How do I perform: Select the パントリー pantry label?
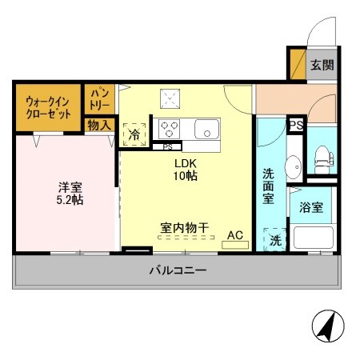coord(98,99)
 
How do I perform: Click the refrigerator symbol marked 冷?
coord(134,134)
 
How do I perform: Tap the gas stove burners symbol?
coord(170,129)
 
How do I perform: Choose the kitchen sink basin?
coord(206,129)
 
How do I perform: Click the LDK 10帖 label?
coord(188,169)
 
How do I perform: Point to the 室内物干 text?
coord(183,228)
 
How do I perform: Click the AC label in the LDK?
coord(234,235)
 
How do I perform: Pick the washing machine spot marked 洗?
coord(274,239)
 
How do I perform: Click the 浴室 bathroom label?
coord(311,208)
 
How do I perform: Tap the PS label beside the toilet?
coord(295,125)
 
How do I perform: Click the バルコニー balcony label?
coord(178,270)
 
